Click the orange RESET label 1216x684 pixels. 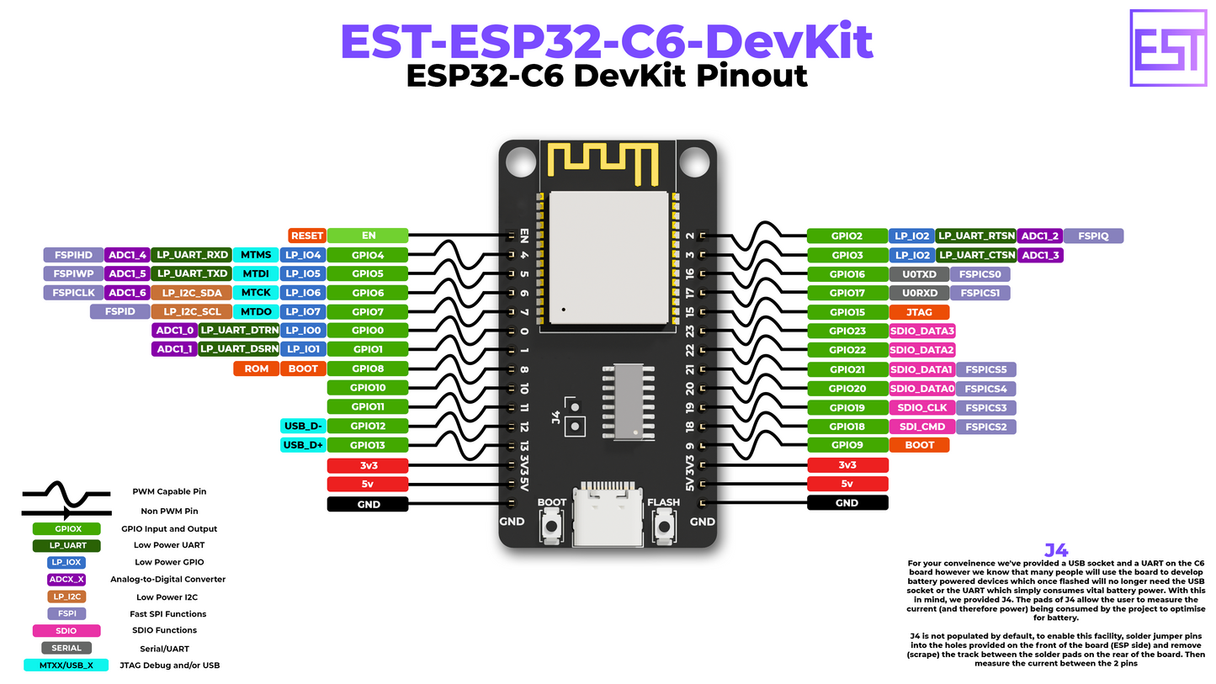tap(306, 236)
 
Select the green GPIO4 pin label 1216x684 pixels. tap(368, 254)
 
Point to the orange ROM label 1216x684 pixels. tap(256, 369)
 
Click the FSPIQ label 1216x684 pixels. tap(1092, 236)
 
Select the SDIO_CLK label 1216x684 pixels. tap(922, 407)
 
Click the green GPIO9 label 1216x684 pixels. tap(847, 444)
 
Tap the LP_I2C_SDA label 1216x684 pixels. tap(191, 292)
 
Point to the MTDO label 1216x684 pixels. tap(256, 311)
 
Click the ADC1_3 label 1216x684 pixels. tap(1040, 254)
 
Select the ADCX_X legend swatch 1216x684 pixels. tap(66, 579)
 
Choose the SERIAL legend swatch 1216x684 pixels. tap(66, 648)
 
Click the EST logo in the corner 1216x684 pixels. tap(1168, 47)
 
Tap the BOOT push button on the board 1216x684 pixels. tap(552, 528)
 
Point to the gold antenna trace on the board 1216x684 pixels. tap(601, 162)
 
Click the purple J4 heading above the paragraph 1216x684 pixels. tap(1056, 550)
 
